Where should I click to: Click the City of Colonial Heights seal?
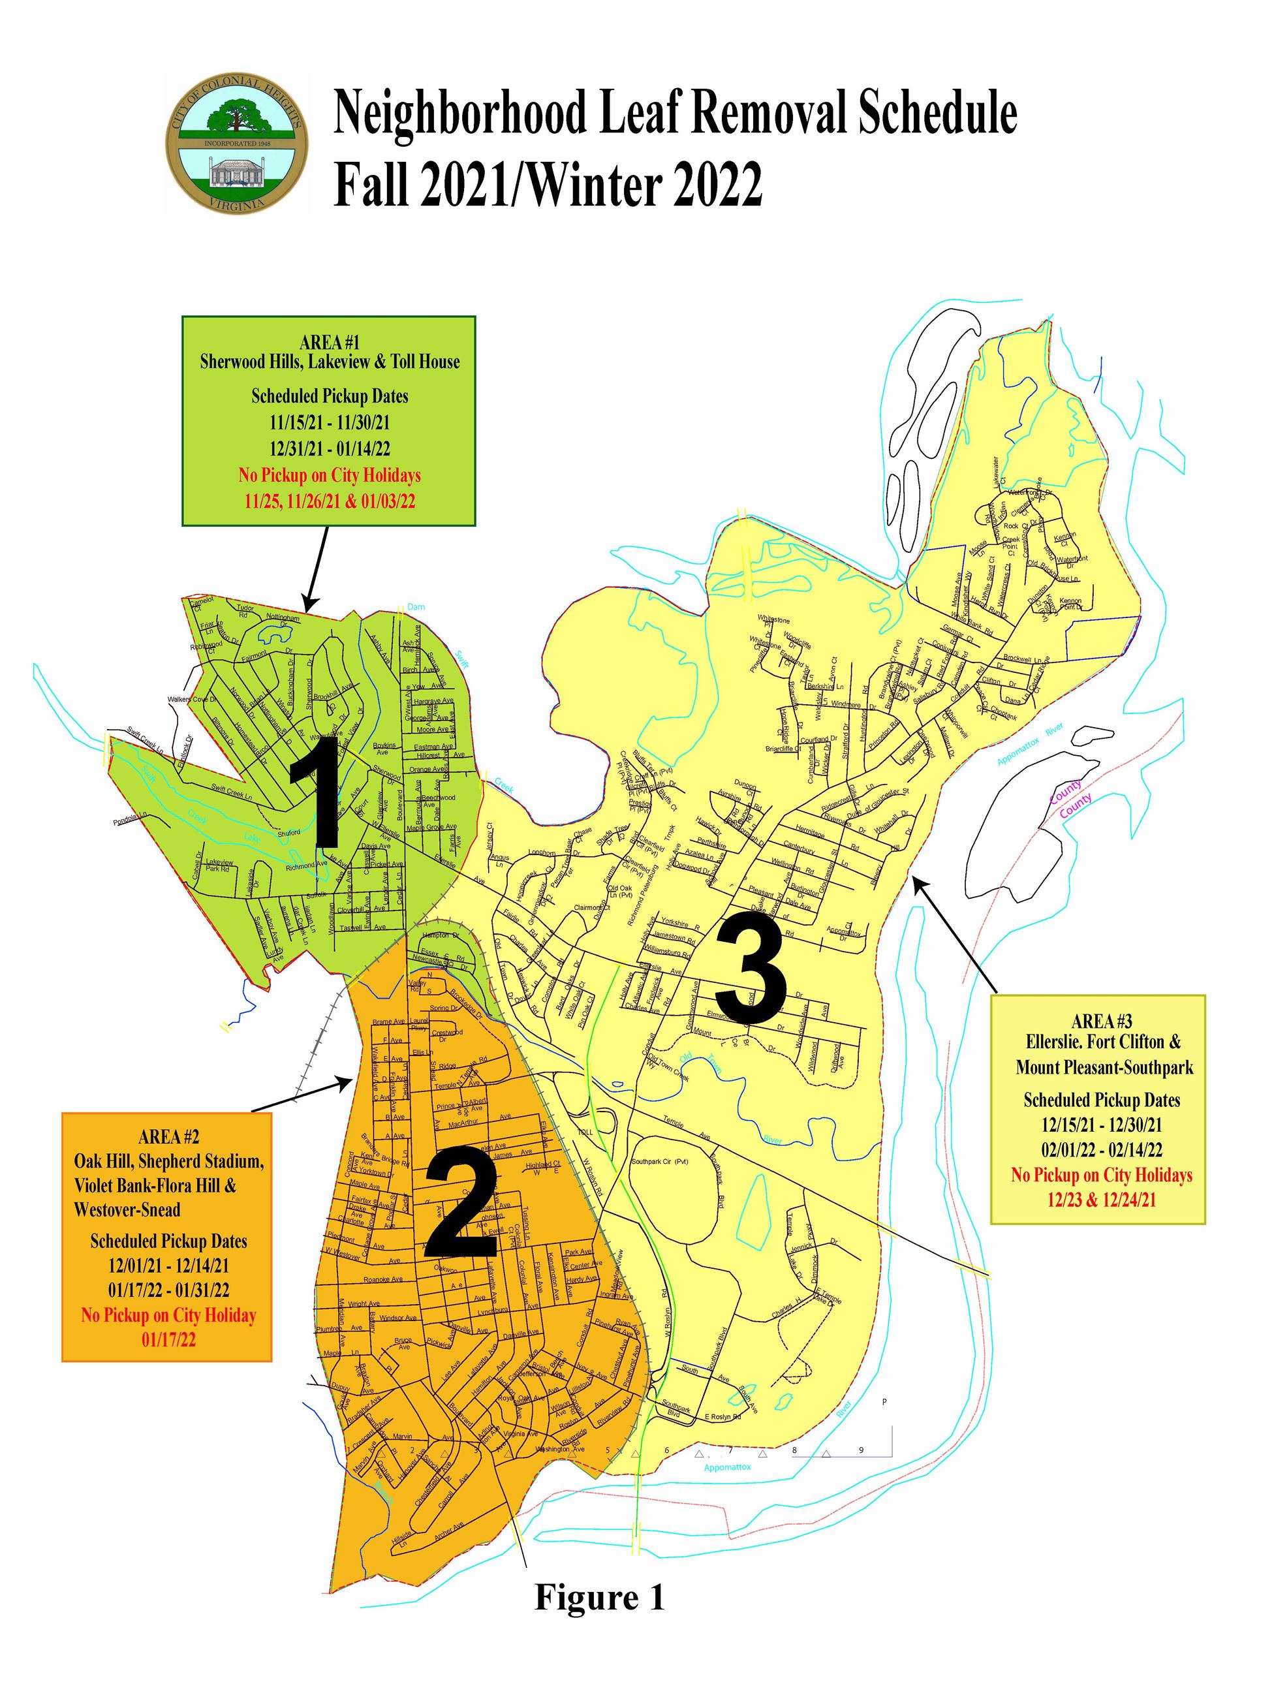236,144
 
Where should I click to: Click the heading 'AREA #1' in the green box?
330,341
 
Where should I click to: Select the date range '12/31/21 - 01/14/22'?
330,448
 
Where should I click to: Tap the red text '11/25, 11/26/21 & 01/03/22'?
330,501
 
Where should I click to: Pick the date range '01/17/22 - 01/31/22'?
169,1290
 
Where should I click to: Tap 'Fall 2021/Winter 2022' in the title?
548,184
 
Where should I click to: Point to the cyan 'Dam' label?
416,607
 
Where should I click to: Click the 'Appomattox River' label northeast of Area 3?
1029,743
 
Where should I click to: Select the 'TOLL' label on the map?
585,1132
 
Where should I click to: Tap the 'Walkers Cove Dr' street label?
193,700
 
